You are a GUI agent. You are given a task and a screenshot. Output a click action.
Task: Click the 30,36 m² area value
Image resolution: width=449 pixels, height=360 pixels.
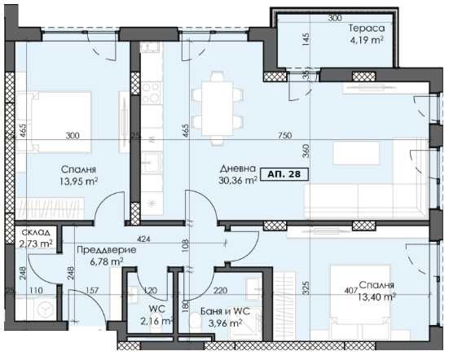point(239,182)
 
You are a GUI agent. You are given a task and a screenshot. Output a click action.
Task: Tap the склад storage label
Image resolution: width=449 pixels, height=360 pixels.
point(35,232)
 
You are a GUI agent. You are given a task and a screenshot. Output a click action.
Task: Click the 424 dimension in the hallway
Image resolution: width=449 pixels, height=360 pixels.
point(146,239)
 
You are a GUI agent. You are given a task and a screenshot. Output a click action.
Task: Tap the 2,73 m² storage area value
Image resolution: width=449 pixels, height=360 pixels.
point(35,244)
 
